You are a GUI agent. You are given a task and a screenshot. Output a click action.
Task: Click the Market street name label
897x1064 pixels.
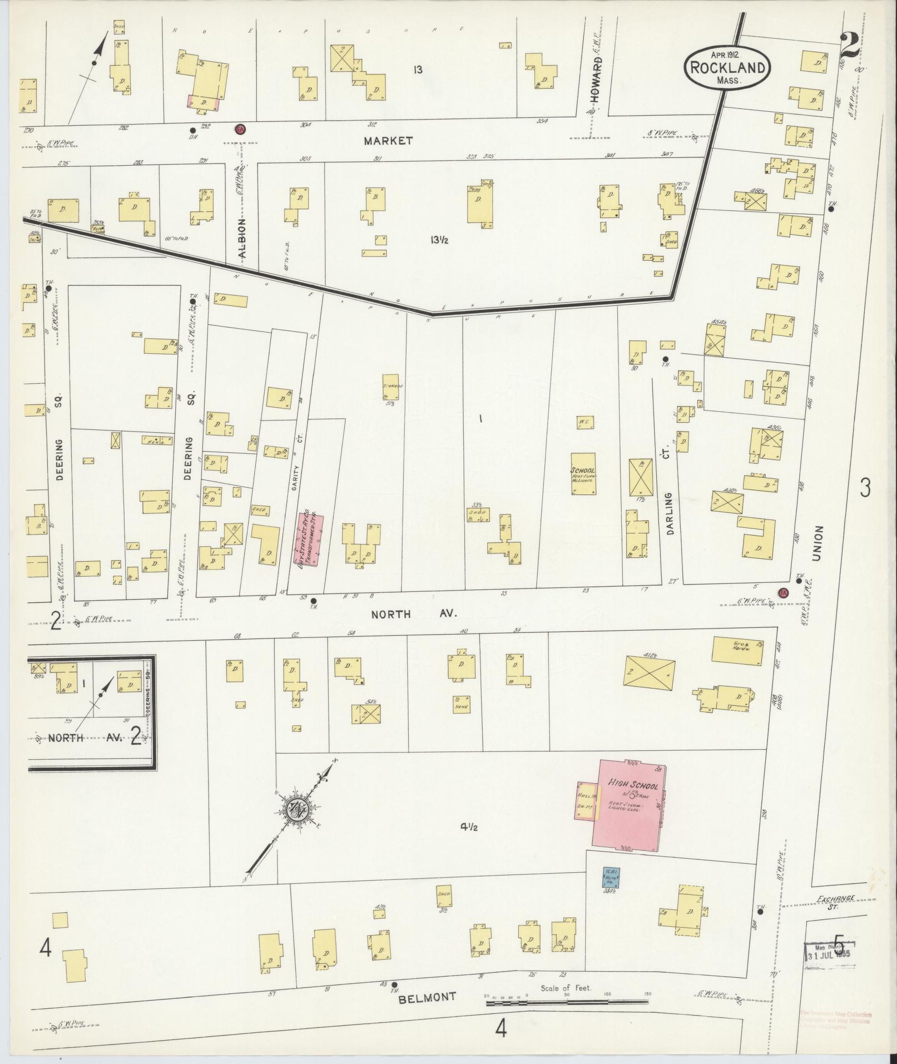(x=388, y=141)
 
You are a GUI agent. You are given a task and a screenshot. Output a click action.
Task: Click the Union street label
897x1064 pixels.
(x=817, y=544)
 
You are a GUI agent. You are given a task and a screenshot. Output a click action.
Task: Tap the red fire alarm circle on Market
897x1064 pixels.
(x=241, y=129)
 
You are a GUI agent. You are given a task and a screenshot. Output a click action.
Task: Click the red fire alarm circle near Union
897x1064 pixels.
(x=784, y=592)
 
